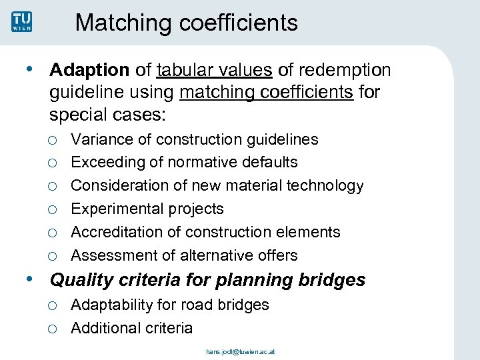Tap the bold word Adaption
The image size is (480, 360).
click(89, 70)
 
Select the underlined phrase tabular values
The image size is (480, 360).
click(215, 70)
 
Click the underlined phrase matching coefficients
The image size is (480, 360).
click(267, 92)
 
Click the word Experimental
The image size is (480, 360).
click(117, 209)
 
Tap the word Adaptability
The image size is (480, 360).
click(112, 305)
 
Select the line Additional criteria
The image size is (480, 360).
click(131, 328)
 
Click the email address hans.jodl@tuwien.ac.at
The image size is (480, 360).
click(239, 351)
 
